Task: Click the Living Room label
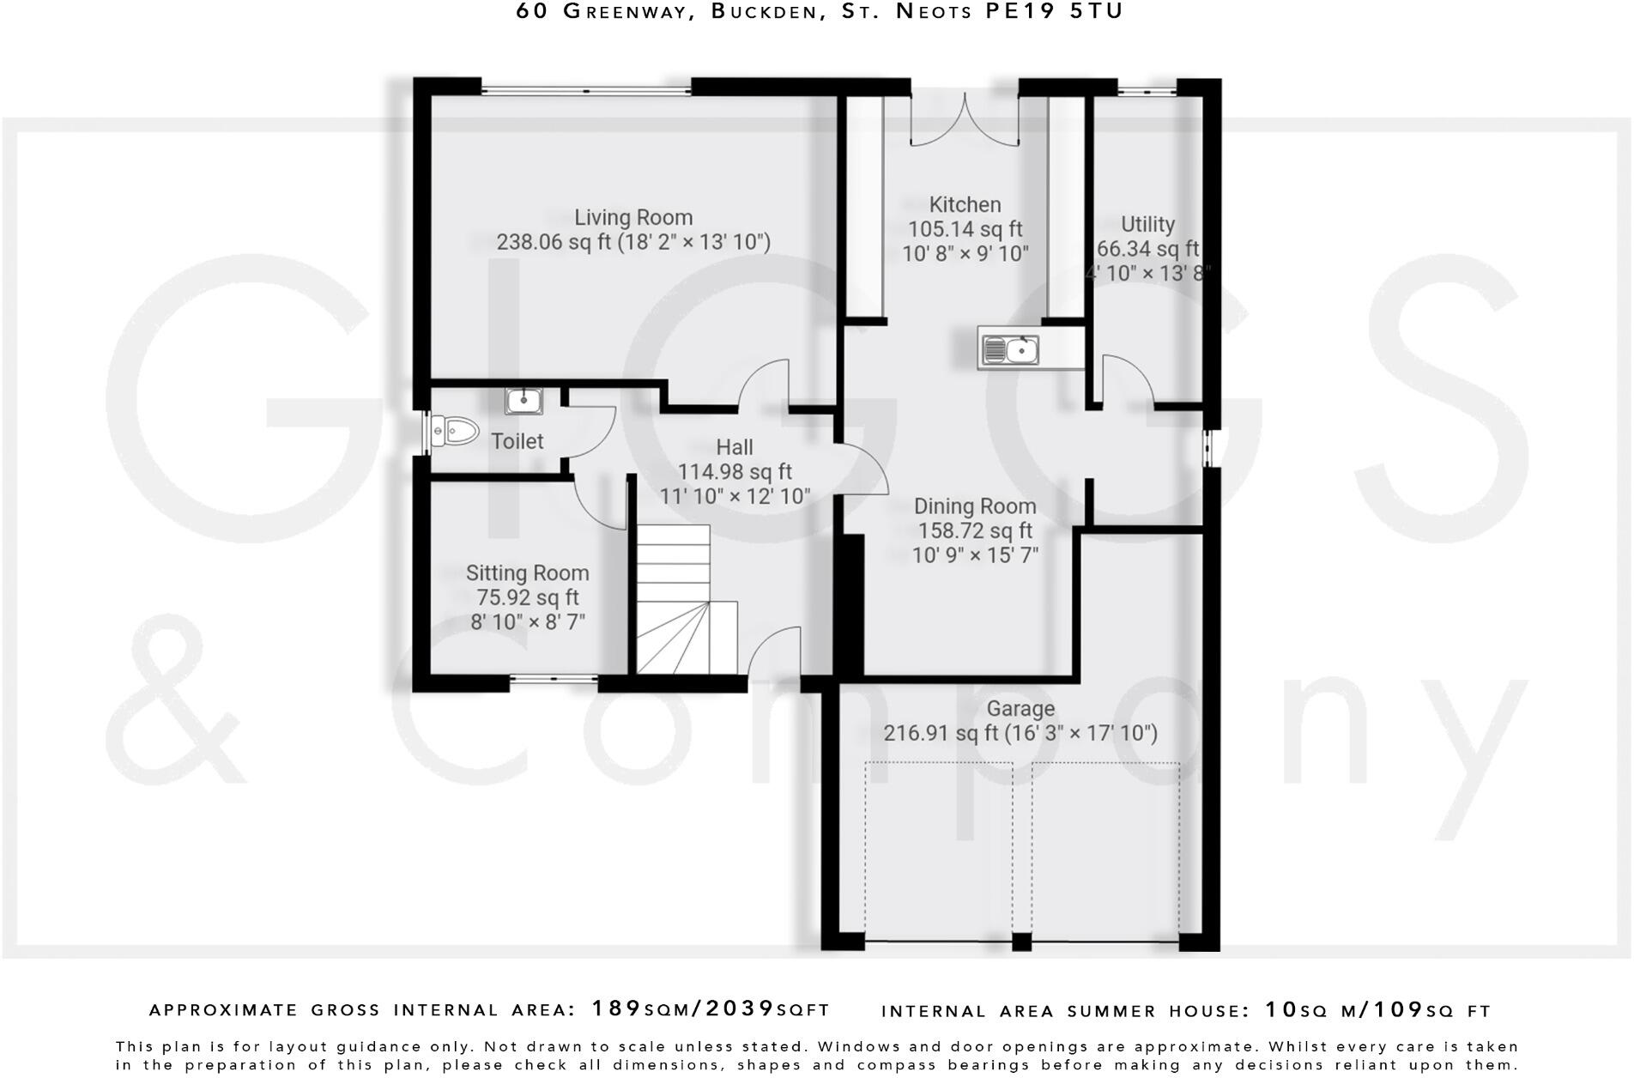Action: point(633,218)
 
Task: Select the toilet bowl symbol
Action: point(454,431)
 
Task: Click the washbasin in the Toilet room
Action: point(523,400)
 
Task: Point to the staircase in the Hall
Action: point(685,601)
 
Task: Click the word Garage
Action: point(1020,709)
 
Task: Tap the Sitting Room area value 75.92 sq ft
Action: point(527,597)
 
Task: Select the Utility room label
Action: point(1147,225)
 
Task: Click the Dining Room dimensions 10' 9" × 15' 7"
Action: point(975,555)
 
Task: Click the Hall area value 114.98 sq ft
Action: point(735,472)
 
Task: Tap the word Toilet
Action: point(517,441)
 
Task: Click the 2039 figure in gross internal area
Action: point(740,1008)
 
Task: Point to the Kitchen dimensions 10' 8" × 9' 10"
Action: point(965,253)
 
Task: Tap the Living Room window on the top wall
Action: point(585,87)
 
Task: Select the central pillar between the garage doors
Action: point(1020,941)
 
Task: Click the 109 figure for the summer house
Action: point(1397,1009)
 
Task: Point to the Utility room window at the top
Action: point(1147,87)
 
